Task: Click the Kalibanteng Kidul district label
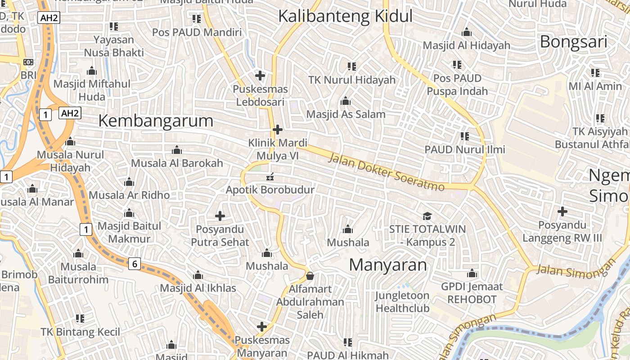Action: click(x=345, y=16)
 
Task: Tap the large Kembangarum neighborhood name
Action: click(x=156, y=121)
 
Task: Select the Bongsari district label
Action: click(x=573, y=42)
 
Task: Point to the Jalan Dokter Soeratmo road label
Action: click(x=387, y=172)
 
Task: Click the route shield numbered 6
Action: click(x=134, y=264)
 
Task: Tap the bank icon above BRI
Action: click(x=28, y=62)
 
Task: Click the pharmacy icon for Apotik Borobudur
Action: click(x=270, y=176)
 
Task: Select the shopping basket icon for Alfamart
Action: click(x=310, y=275)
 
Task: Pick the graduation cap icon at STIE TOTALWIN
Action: click(x=427, y=216)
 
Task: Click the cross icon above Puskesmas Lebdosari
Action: click(x=260, y=75)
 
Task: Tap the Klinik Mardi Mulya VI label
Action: click(x=278, y=149)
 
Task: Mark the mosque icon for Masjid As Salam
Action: click(x=346, y=101)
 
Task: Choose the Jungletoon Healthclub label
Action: click(x=402, y=302)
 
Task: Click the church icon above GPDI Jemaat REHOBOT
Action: click(x=472, y=273)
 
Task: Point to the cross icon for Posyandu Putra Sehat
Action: click(x=220, y=216)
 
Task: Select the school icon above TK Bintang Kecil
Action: click(x=80, y=319)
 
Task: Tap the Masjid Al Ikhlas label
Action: click(x=198, y=288)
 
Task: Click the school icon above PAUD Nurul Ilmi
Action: click(x=465, y=136)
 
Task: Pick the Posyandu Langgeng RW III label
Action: click(x=562, y=231)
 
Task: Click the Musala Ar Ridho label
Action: click(x=129, y=195)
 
